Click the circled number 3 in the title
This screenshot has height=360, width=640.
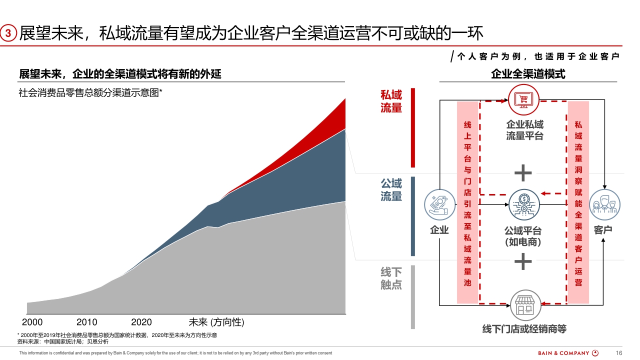8,33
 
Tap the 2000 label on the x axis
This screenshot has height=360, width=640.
32,322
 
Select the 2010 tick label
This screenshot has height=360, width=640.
86,322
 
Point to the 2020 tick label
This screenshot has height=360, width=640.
141,322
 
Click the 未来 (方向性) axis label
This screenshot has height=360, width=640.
216,322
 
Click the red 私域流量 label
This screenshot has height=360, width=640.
391,101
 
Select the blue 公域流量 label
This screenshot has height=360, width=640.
391,190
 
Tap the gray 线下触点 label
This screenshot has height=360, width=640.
391,278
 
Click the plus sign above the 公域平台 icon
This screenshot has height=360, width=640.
523,173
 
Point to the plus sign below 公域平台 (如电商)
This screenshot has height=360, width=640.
523,261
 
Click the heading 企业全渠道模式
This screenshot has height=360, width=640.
528,74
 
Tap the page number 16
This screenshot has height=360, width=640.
618,353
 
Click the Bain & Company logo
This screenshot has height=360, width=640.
568,353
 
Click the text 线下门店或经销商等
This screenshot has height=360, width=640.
524,329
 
